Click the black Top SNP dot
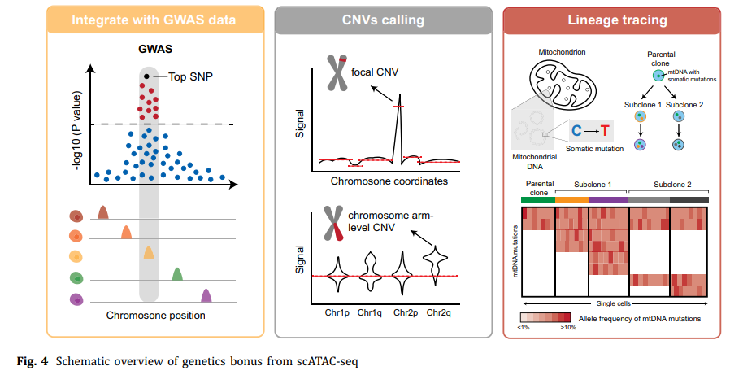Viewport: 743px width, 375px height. tap(146, 77)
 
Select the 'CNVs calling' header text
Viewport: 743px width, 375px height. tap(382, 20)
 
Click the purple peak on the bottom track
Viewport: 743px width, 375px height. tap(206, 295)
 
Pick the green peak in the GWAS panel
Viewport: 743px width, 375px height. tap(177, 274)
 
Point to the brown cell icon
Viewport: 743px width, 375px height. tap(76, 216)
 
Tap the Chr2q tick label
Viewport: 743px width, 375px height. tap(439, 312)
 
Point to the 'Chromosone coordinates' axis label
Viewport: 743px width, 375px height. tap(389, 181)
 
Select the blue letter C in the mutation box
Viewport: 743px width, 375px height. tap(575, 131)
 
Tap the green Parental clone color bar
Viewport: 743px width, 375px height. tap(537, 198)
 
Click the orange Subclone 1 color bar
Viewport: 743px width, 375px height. tap(572, 198)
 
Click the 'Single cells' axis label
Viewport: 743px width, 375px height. tap(615, 302)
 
